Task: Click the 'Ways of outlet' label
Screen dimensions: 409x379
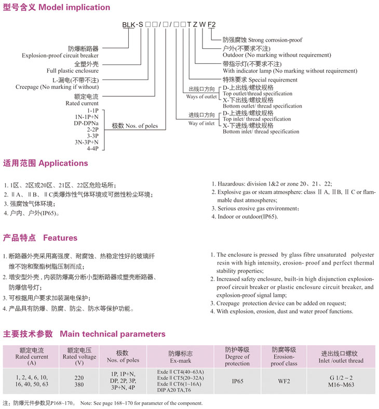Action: click(x=201, y=97)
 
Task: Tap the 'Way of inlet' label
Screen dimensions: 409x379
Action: click(x=201, y=123)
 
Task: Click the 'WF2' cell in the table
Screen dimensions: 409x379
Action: click(x=284, y=381)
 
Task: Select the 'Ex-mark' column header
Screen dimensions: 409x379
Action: click(x=176, y=361)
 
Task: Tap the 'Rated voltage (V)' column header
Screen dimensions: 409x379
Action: click(x=79, y=357)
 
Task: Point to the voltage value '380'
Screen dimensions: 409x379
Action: click(x=79, y=385)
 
